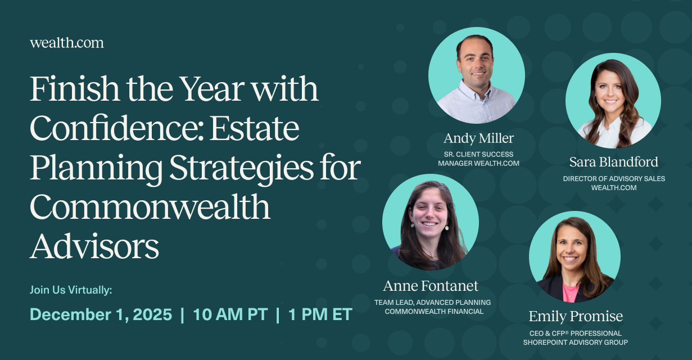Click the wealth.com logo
click(67, 43)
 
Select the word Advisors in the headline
click(94, 246)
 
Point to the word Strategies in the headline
click(241, 169)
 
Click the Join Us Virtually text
click(71, 290)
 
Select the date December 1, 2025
click(101, 314)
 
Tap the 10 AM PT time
click(230, 314)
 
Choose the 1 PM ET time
click(320, 314)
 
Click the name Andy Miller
click(478, 138)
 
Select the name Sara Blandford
click(613, 162)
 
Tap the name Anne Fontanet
click(431, 286)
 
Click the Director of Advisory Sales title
click(614, 179)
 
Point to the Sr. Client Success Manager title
click(478, 159)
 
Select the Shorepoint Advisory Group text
click(576, 343)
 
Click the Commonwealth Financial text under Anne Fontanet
click(434, 312)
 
